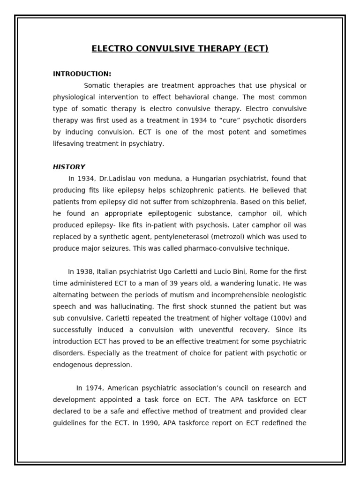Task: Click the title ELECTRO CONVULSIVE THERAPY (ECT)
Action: click(180, 49)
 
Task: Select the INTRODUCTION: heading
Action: click(82, 74)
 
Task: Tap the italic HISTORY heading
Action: click(69, 167)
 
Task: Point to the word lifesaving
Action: click(69, 144)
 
